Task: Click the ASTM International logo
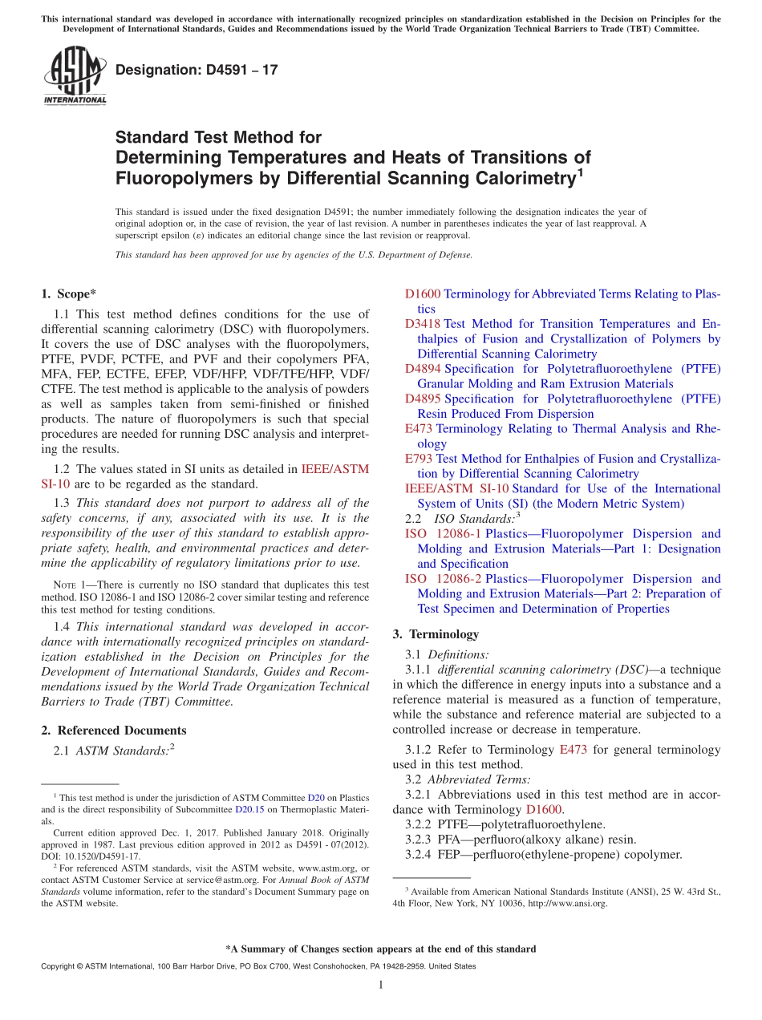[x=75, y=76]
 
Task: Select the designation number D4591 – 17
[x=197, y=70]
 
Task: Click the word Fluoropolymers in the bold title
[x=166, y=177]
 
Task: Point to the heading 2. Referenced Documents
[x=114, y=730]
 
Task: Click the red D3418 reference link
[x=423, y=324]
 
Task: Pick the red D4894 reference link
[x=423, y=369]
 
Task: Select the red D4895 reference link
[x=423, y=399]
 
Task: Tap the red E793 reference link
[x=418, y=459]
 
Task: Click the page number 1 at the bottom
[x=381, y=985]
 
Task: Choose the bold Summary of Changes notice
[x=381, y=949]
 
